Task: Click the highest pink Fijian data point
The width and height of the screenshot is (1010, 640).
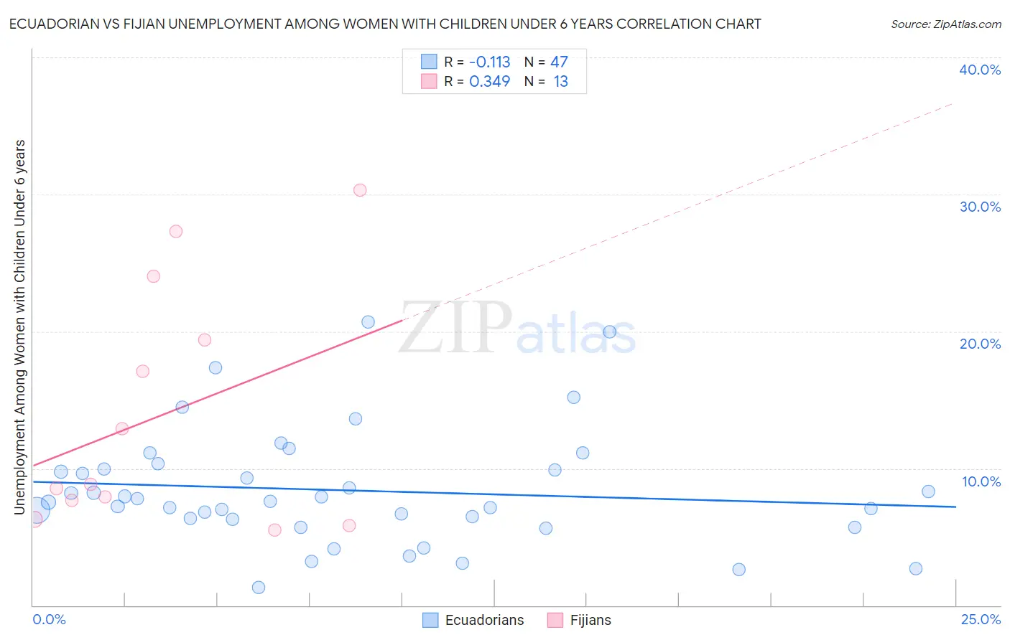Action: point(360,190)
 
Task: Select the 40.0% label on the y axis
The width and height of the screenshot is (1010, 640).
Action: point(980,70)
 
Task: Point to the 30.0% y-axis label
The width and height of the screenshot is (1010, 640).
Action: point(980,207)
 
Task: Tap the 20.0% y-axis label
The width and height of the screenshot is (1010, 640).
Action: point(980,344)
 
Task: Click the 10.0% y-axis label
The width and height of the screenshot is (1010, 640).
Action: point(981,481)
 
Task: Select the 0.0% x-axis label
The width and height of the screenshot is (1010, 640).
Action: point(49,620)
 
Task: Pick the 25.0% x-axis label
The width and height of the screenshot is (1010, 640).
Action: point(981,620)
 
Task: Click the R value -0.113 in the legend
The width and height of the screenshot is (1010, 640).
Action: point(489,62)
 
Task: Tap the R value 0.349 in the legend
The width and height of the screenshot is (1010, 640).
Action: point(489,82)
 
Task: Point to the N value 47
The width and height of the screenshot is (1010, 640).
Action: point(559,62)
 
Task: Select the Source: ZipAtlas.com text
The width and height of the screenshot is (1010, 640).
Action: point(945,24)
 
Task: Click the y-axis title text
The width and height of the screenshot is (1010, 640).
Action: point(19,326)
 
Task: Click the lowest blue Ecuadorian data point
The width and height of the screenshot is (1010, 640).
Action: point(259,588)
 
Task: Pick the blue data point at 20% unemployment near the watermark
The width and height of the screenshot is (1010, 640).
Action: point(610,331)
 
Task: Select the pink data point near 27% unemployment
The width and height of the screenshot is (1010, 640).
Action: point(176,231)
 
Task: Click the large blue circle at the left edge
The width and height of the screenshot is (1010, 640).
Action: point(37,509)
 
